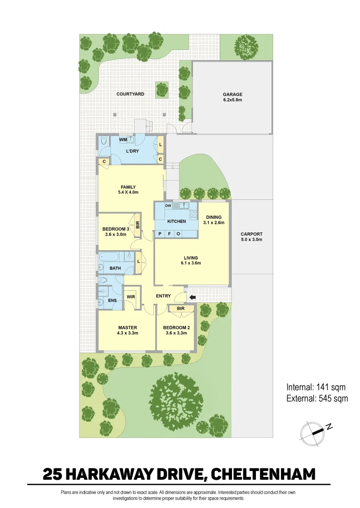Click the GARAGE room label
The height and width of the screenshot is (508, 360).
point(232,94)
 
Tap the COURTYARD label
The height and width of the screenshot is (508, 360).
point(130,94)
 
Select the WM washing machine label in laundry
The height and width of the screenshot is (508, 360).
point(122,140)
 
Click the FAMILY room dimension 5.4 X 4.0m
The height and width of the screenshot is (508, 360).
point(128,192)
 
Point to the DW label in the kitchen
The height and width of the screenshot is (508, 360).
point(168,206)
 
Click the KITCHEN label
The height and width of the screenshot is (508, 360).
point(176,221)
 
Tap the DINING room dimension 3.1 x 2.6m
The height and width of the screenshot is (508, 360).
point(214,222)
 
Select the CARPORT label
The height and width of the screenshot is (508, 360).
point(251,234)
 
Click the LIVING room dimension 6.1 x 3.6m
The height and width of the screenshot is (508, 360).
point(191,263)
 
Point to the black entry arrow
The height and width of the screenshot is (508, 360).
point(192,297)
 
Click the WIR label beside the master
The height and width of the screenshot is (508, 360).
point(131,297)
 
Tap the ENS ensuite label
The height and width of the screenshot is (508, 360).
point(112,301)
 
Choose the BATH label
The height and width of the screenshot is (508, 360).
point(115,268)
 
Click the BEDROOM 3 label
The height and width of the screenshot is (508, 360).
point(115,229)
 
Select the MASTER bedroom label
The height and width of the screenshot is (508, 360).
point(128,327)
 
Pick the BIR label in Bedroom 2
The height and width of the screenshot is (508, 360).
point(181,309)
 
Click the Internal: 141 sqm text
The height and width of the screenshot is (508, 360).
point(316,388)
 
